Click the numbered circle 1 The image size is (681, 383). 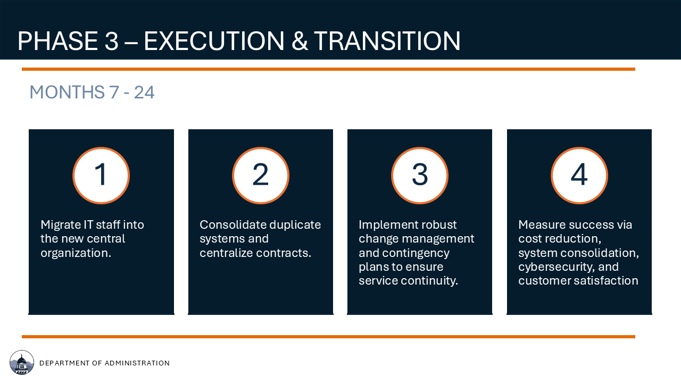point(101,176)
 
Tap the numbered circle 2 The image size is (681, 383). point(261,176)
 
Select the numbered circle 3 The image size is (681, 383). point(420,176)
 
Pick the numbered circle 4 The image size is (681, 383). point(579,176)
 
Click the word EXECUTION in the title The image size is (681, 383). point(214,41)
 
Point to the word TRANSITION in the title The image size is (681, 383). point(387,41)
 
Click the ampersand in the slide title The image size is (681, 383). point(300,41)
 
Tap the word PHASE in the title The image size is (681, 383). point(57,41)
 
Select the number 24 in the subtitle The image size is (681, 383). point(144,92)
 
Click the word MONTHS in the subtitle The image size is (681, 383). point(67,92)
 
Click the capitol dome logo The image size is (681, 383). point(22,362)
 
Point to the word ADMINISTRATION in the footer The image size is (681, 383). point(137,363)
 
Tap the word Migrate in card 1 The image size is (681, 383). point(60,225)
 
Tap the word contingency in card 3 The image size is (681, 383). point(416,253)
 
